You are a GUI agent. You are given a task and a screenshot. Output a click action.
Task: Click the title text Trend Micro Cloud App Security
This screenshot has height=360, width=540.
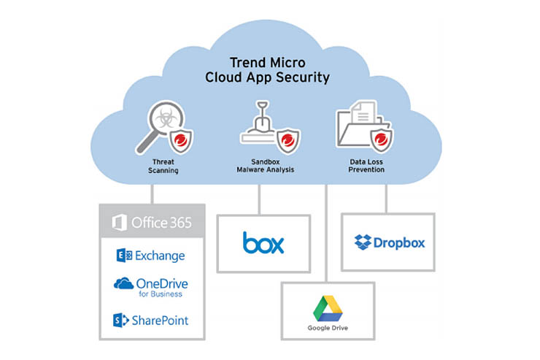[x=270, y=69]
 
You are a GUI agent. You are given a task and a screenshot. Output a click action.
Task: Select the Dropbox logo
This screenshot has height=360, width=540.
[x=389, y=242]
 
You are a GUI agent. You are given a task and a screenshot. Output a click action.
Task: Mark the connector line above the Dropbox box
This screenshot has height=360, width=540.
[x=386, y=197]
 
